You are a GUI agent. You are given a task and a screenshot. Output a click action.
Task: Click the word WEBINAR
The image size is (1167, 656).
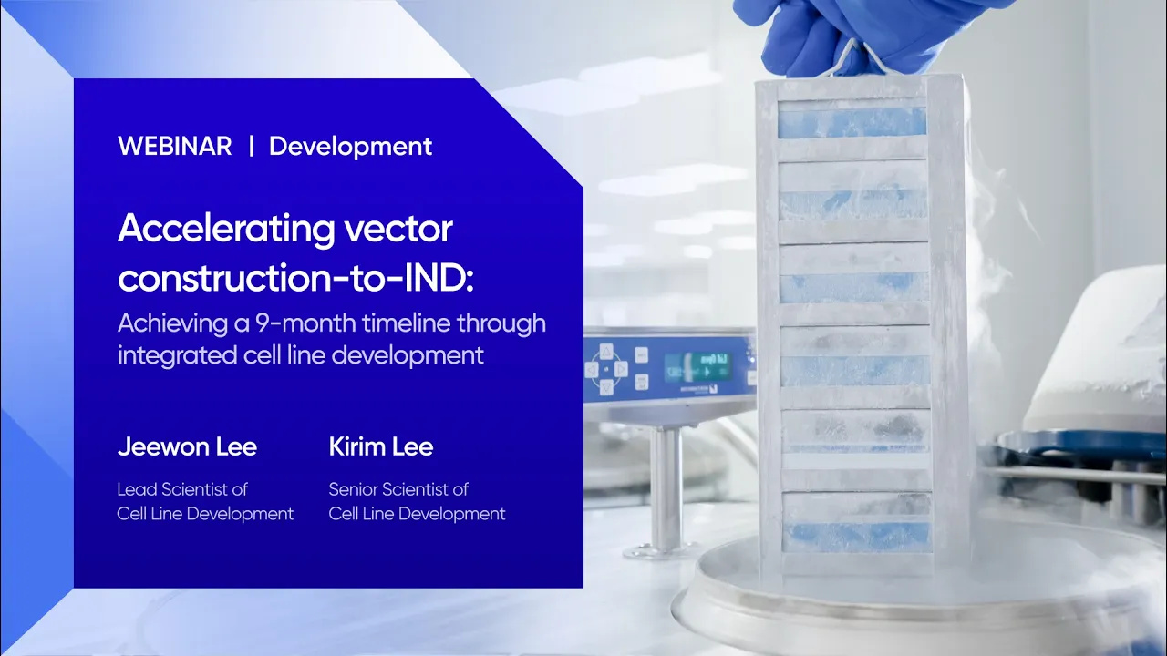[175, 147]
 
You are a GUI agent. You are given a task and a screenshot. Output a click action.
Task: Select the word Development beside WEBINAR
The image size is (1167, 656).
[351, 147]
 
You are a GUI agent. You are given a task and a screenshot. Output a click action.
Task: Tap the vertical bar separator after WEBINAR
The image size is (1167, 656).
[251, 146]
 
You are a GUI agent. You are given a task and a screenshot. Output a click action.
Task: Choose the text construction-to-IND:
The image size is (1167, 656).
[295, 278]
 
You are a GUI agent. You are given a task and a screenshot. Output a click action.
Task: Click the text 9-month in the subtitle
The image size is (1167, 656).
[305, 323]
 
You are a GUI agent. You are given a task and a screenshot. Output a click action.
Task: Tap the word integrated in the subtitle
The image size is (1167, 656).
[177, 356]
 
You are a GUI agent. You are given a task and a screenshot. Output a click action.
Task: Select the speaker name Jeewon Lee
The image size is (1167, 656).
[188, 446]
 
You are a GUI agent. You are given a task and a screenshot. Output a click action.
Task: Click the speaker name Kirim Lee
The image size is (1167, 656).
[381, 446]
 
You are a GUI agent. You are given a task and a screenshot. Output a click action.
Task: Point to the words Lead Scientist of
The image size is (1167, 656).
[182, 489]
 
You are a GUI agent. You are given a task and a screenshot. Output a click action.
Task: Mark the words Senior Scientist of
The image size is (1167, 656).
[398, 489]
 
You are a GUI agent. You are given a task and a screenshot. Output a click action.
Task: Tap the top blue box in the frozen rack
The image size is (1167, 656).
[852, 123]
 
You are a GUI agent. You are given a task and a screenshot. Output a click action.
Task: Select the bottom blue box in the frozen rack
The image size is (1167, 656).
[858, 538]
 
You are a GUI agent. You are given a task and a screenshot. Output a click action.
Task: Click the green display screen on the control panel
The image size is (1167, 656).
[698, 367]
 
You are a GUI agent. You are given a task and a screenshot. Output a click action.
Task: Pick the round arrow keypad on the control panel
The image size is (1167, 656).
[606, 369]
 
